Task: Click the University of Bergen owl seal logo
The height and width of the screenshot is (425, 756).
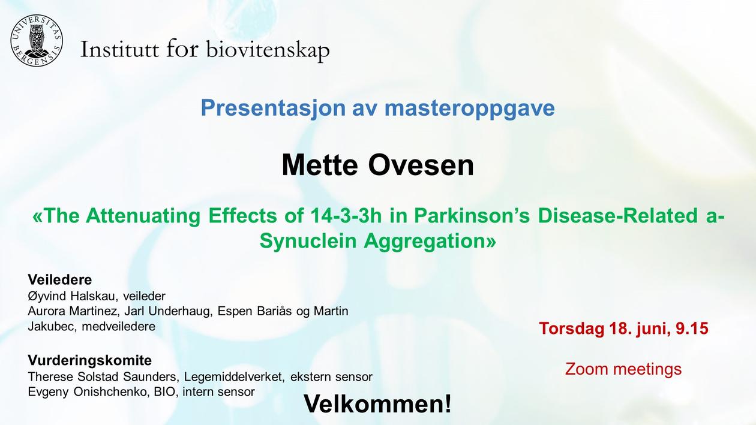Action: [36, 40]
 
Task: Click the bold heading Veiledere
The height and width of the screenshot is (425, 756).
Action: [59, 280]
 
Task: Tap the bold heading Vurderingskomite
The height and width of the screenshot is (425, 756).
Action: [89, 361]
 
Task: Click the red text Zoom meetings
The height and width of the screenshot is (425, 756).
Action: [623, 369]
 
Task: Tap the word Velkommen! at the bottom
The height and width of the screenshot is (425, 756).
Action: [377, 404]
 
